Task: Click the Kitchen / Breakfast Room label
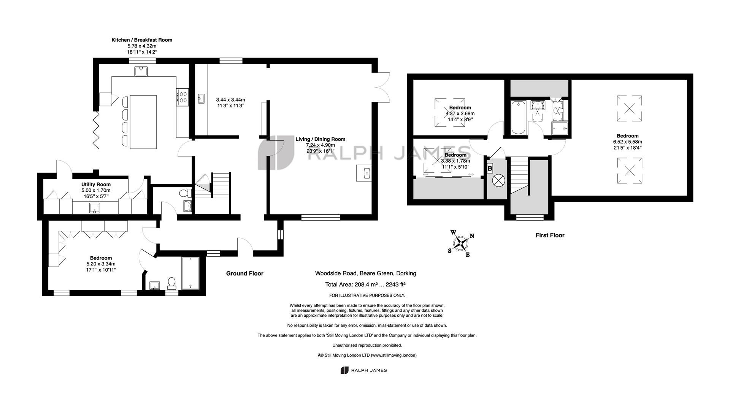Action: (x=142, y=40)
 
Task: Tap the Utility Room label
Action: (x=96, y=185)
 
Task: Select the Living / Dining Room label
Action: (x=321, y=139)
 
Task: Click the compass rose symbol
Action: (x=462, y=243)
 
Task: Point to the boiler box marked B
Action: (x=490, y=168)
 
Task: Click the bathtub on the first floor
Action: (x=518, y=117)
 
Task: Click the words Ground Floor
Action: (x=245, y=273)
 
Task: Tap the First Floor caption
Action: (x=550, y=235)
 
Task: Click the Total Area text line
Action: (x=365, y=284)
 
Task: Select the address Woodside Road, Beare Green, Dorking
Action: (x=365, y=273)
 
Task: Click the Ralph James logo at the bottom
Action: (x=363, y=370)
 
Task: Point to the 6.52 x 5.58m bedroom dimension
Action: (x=628, y=142)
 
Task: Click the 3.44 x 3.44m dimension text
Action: (x=230, y=100)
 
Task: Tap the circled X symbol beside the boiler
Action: (x=497, y=181)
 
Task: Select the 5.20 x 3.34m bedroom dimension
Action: (x=101, y=264)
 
